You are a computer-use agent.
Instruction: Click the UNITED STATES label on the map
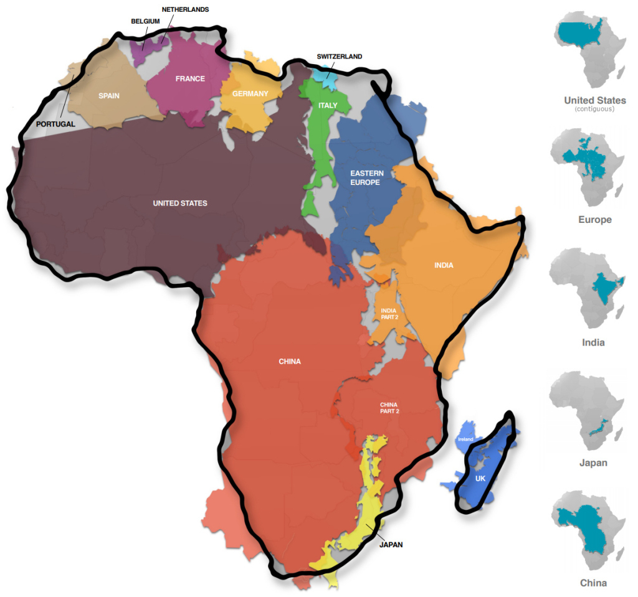coord(180,204)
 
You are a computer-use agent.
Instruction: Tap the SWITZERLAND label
coord(339,57)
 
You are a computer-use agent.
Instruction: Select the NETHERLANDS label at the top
coord(185,10)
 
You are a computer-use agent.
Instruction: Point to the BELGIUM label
coord(145,21)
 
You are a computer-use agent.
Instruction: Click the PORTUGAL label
coord(55,124)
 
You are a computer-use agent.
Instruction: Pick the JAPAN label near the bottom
coord(391,545)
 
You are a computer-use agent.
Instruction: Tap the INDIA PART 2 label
coord(389,313)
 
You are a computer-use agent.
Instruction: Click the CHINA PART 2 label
coord(389,408)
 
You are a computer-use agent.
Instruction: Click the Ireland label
coord(465,440)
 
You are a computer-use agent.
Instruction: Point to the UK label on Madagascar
coord(480,479)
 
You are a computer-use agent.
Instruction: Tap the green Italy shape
coord(321,149)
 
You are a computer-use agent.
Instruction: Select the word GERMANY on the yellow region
coord(250,94)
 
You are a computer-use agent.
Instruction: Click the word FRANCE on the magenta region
coord(190,79)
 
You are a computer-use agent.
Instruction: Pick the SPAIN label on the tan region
coord(108,96)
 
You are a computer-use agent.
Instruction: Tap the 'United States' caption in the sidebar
coord(594,100)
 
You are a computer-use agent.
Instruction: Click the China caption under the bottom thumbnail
coord(593,583)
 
